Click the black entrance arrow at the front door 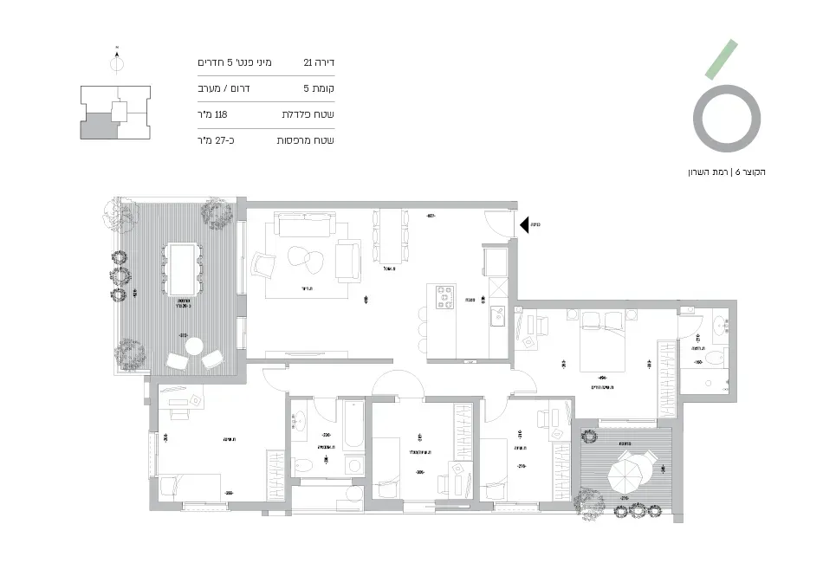pyautogui.click(x=523, y=225)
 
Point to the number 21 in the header pyautogui.click(x=308, y=63)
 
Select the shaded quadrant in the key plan pyautogui.click(x=98, y=127)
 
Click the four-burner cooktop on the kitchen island pyautogui.click(x=444, y=296)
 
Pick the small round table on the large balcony pyautogui.click(x=193, y=346)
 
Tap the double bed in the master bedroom pyautogui.click(x=599, y=333)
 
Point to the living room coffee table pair pyautogui.click(x=304, y=258)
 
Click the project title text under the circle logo pyautogui.click(x=725, y=172)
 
